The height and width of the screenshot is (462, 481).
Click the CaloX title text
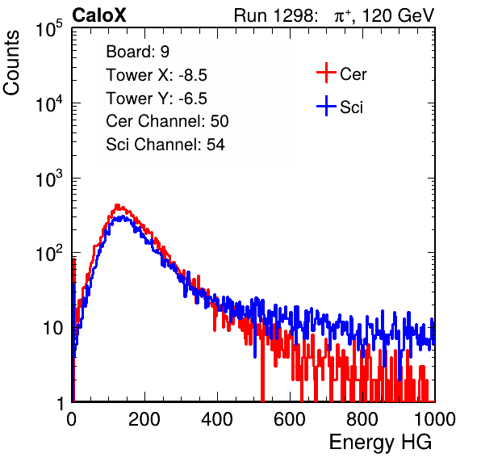coord(99,15)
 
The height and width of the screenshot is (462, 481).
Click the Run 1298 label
coord(275,15)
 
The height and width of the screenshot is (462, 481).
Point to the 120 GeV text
coord(399,15)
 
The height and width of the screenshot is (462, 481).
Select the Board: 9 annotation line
coord(138,52)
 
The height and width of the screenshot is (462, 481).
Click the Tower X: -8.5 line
coord(157,75)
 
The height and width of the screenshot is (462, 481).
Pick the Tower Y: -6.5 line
coord(157,99)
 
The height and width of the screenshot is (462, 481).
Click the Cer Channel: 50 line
coord(167,121)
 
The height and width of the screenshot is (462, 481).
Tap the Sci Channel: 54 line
coord(165,145)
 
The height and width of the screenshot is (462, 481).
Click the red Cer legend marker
coord(326,73)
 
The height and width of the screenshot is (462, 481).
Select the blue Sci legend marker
coord(326,107)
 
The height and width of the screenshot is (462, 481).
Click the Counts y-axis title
coord(11,63)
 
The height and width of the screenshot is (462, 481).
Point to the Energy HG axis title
coord(380,443)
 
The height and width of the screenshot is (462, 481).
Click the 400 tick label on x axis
coord(217,419)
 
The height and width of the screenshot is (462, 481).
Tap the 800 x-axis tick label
coord(362,419)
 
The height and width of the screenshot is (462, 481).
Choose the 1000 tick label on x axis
coord(435,419)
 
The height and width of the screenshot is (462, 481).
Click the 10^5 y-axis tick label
coord(49,29)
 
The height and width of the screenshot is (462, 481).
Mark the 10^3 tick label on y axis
coord(49,178)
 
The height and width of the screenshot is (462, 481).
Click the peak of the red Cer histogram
coord(117,205)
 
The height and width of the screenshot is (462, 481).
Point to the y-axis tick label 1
coord(61,403)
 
